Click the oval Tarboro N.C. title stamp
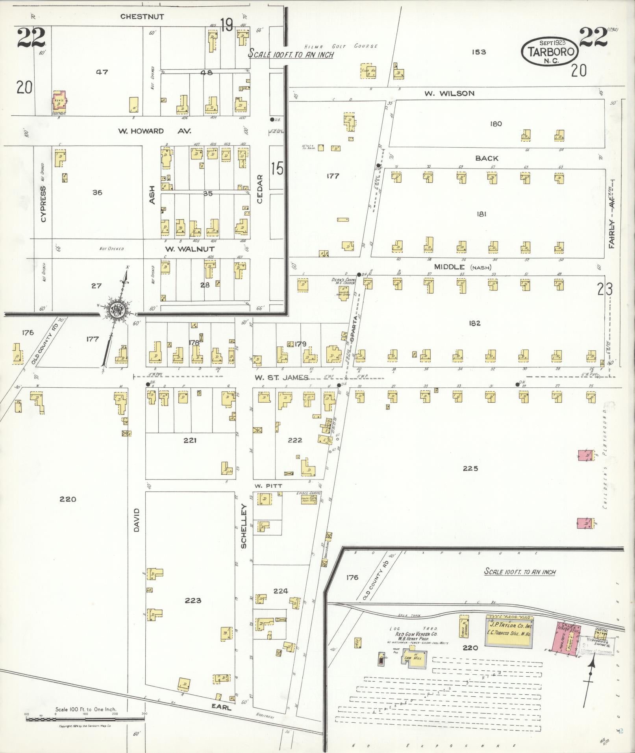(550, 52)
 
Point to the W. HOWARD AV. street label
(155, 131)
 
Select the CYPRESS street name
(43, 204)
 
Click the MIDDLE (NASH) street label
(463, 267)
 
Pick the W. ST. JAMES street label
(281, 377)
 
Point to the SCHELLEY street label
(244, 526)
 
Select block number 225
(470, 468)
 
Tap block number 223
(193, 600)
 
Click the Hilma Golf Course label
(341, 46)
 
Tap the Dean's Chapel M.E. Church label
(343, 281)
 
